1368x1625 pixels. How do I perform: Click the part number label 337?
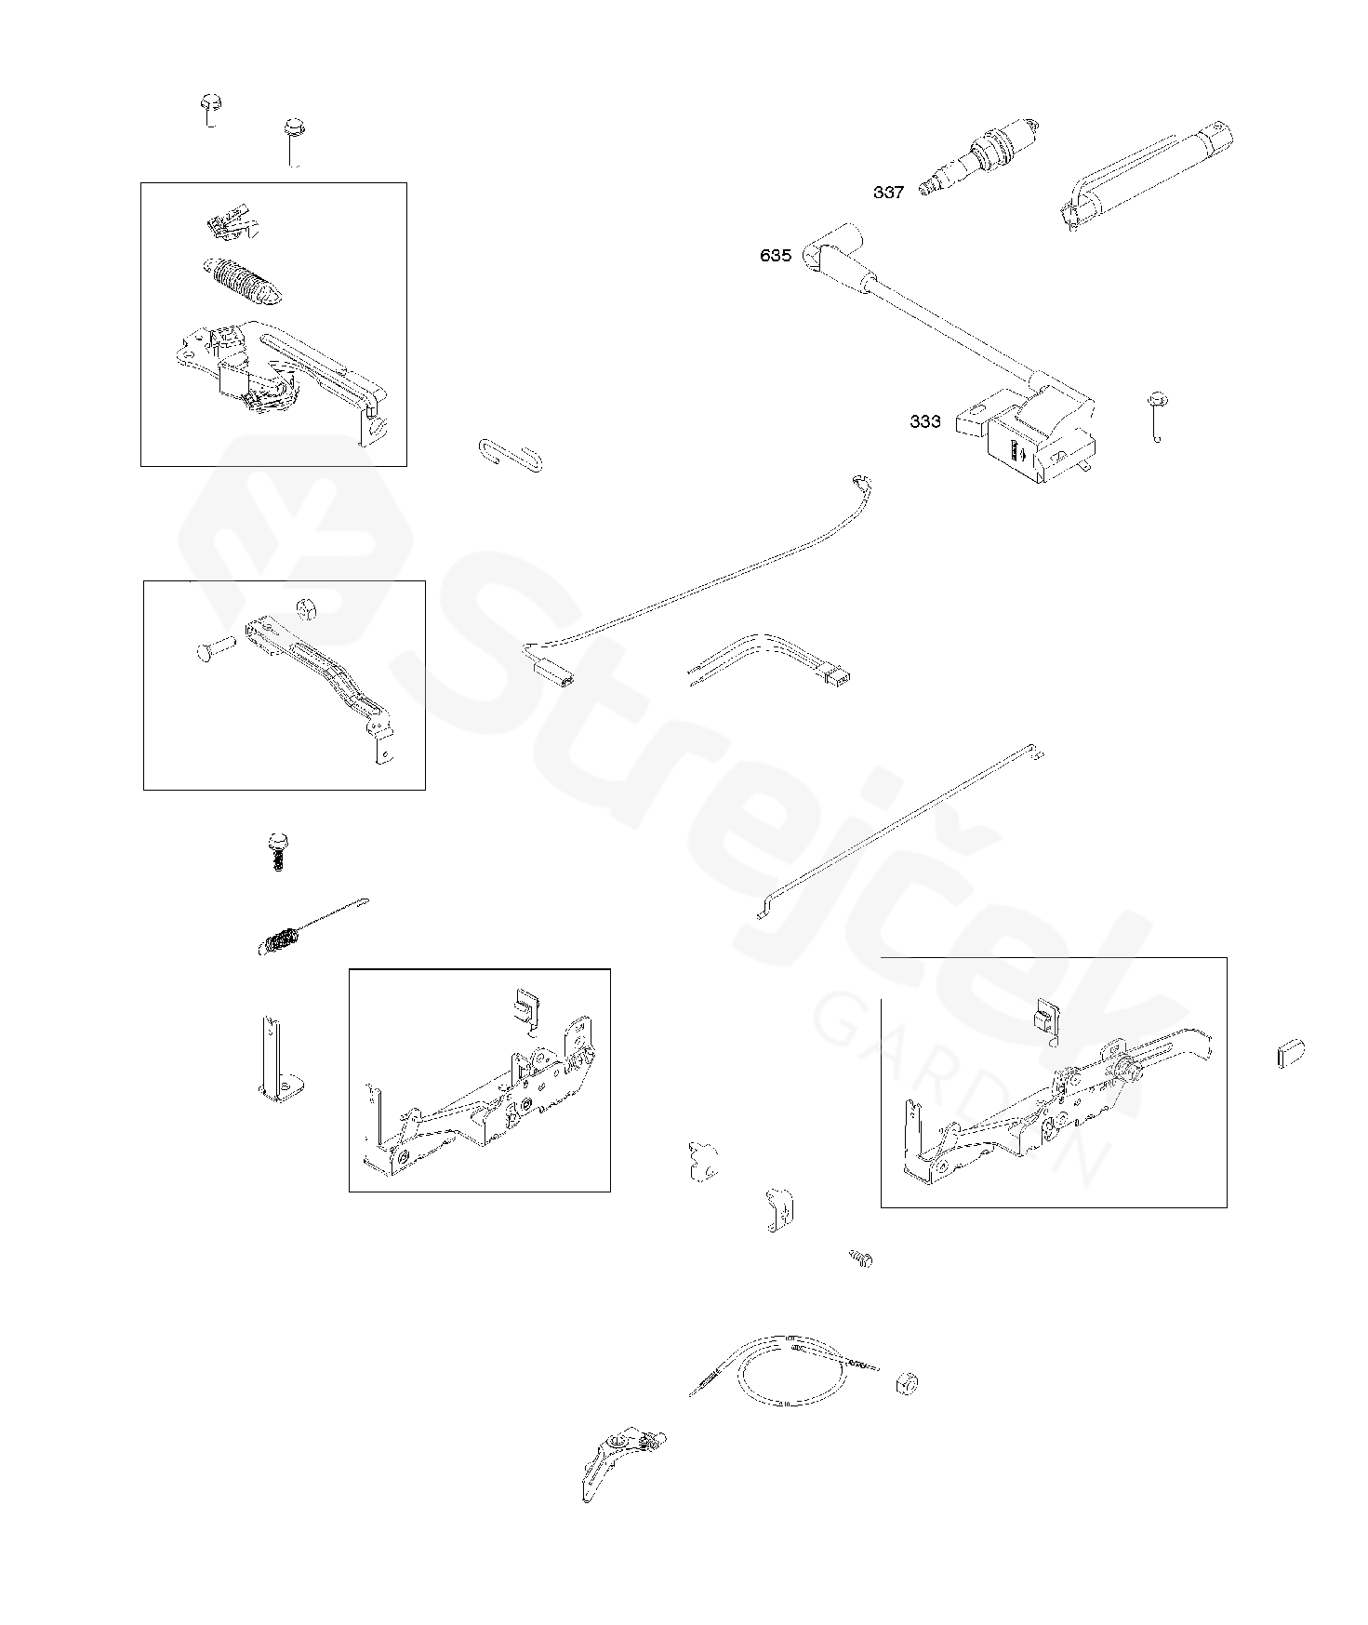click(x=888, y=193)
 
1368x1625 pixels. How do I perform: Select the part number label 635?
click(x=776, y=256)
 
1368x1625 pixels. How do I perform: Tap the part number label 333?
click(x=925, y=421)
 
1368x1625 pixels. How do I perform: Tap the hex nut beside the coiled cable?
click(x=907, y=1383)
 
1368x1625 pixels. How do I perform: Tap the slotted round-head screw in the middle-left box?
click(x=310, y=609)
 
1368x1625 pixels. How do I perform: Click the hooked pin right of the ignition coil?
click(x=1158, y=416)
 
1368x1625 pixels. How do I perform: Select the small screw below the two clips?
click(x=861, y=1259)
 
